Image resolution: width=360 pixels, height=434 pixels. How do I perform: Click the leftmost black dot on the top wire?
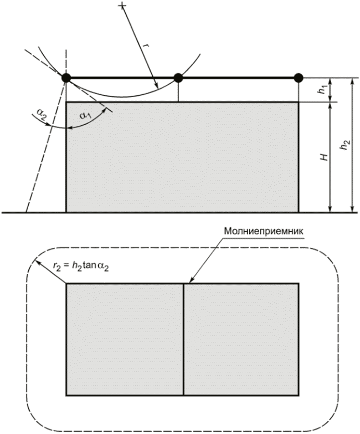[x=66, y=78]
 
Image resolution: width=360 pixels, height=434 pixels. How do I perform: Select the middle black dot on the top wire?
[x=178, y=78]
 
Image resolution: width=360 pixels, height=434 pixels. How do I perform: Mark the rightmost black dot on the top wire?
[x=299, y=78]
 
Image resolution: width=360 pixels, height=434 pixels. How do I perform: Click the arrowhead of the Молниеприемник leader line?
[x=185, y=283]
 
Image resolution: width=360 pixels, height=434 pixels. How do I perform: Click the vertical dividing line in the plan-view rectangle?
[x=183, y=339]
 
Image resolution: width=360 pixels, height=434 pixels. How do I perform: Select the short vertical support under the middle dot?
[x=178, y=91]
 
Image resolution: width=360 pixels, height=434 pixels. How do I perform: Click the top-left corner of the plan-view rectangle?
[x=66, y=284]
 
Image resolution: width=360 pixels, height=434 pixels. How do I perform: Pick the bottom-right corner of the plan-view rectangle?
[x=299, y=395]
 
